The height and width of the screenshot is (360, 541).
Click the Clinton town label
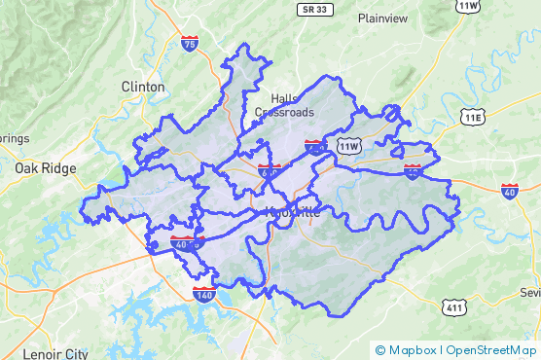click(143, 87)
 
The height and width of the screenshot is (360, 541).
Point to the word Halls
click(285, 99)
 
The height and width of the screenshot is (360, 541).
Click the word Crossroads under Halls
click(285, 112)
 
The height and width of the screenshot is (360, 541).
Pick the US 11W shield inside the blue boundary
click(348, 145)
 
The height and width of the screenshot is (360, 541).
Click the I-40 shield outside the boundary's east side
click(510, 190)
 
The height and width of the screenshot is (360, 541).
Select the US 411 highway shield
click(454, 308)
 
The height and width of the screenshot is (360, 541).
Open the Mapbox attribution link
click(406, 350)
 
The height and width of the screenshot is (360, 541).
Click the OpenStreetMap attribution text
click(490, 350)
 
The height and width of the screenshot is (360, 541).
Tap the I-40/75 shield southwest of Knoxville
click(182, 243)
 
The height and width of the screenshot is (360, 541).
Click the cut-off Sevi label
click(530, 293)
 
